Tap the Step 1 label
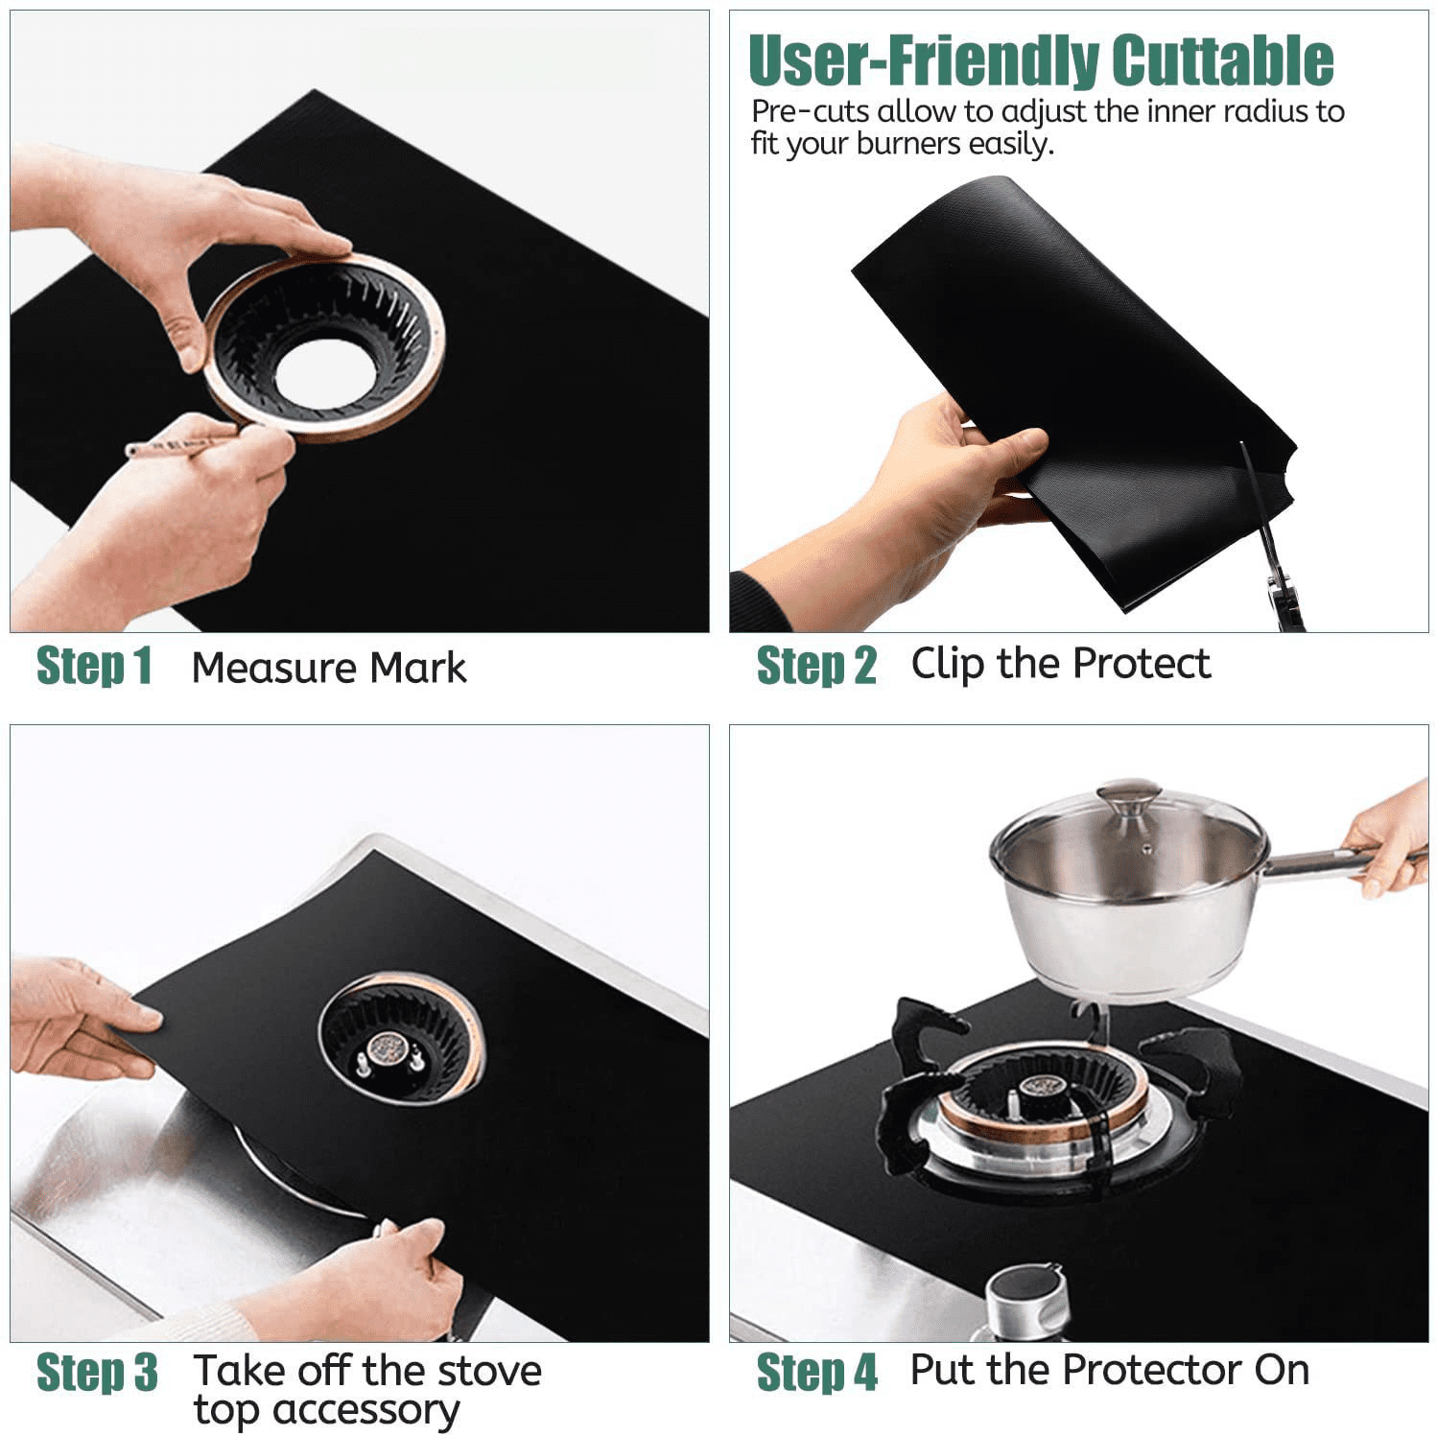coord(94,666)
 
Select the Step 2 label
coord(816,666)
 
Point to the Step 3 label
coord(97,1372)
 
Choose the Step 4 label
coord(816,1372)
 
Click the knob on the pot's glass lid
coord(1129,797)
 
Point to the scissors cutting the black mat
coord(1276,556)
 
